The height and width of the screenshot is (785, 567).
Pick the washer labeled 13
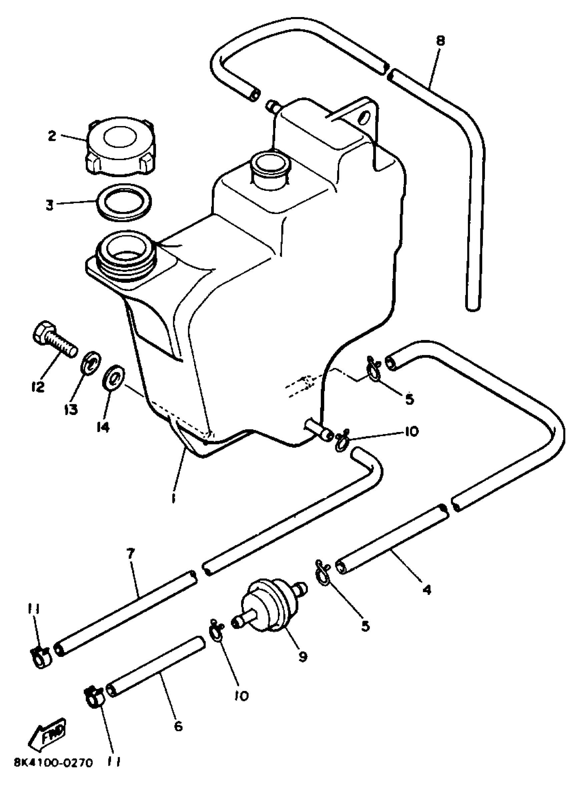(91, 362)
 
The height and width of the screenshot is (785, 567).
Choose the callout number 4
(427, 590)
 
